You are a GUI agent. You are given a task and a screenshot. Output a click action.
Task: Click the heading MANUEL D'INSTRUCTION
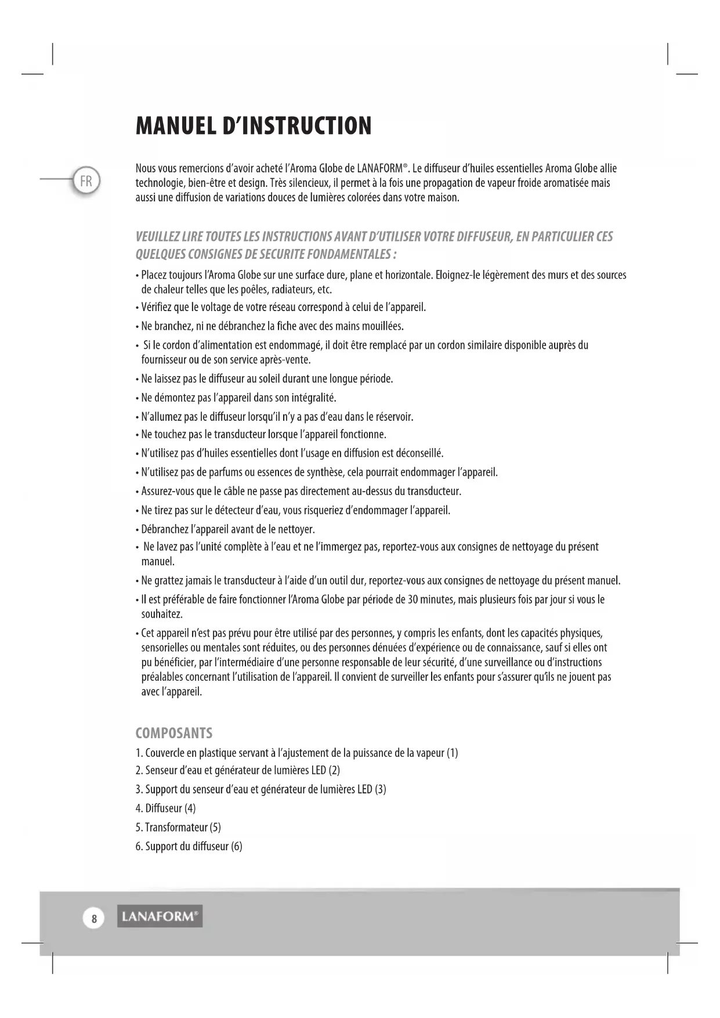tap(254, 126)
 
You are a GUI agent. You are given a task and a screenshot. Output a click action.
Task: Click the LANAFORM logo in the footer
tap(160, 916)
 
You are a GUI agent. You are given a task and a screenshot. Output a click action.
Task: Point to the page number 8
tap(94, 918)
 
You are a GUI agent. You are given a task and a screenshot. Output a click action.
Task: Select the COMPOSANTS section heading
tap(173, 733)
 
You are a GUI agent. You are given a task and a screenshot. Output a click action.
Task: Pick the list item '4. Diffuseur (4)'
tap(165, 808)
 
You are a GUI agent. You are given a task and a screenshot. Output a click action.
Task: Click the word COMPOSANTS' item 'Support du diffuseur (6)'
tap(193, 846)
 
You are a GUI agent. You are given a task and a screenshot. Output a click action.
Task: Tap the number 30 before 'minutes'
tap(413, 600)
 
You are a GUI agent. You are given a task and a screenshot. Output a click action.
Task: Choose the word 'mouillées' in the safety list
tap(381, 326)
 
